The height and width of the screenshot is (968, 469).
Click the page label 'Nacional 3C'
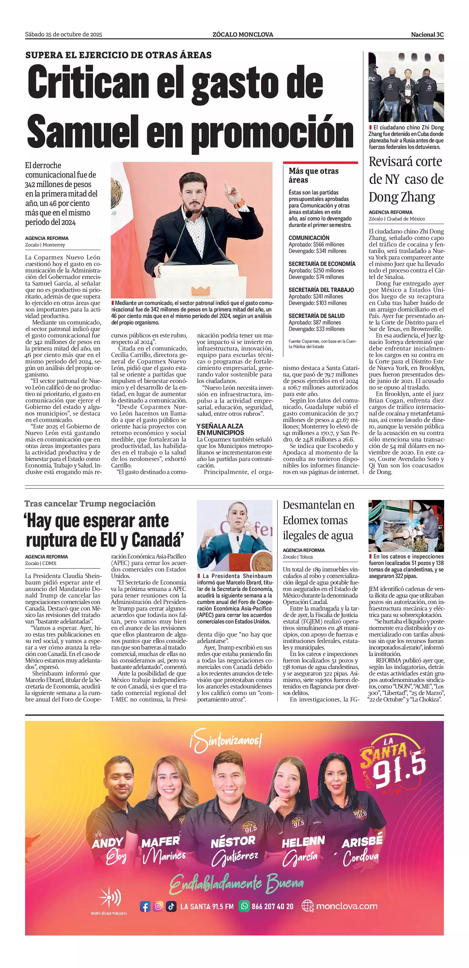click(427, 35)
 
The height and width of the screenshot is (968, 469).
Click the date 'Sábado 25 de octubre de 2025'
click(64, 35)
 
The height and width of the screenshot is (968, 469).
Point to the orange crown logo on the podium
click(202, 290)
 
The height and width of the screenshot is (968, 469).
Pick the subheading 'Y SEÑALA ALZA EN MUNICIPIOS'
click(220, 429)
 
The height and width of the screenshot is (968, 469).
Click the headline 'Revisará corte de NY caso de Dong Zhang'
click(406, 179)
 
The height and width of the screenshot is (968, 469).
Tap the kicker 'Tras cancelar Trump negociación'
click(90, 504)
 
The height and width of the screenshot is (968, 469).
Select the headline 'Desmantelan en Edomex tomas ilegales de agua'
click(318, 520)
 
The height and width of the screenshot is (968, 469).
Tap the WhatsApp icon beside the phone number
click(245, 906)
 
